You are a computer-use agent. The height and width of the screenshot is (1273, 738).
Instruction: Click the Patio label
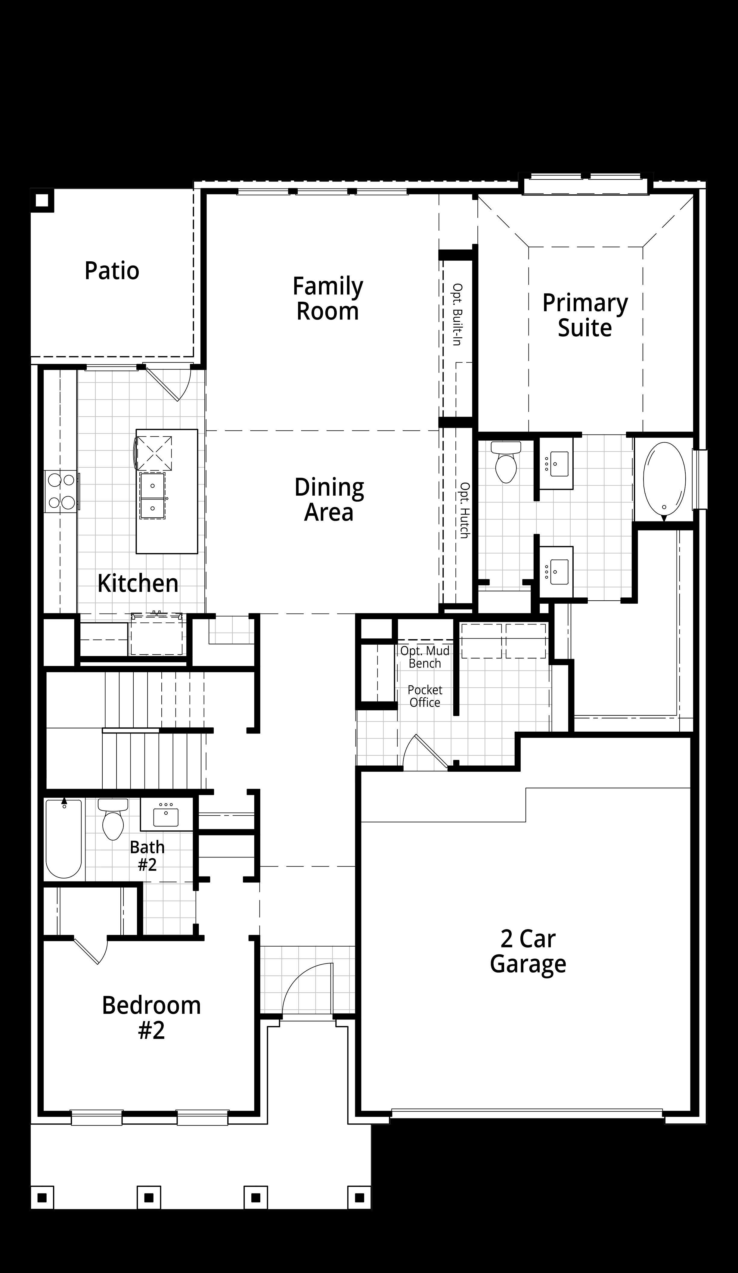tap(112, 271)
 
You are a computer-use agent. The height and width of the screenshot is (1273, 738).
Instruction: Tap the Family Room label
tap(328, 299)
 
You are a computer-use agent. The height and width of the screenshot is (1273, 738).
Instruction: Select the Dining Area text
tap(329, 500)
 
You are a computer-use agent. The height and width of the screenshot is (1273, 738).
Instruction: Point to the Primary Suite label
tap(585, 315)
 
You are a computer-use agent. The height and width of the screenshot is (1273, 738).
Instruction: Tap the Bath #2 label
tap(147, 856)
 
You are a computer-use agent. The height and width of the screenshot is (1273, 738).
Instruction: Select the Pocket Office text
tap(425, 696)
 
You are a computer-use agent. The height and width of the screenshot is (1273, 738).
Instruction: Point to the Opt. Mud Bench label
tap(425, 657)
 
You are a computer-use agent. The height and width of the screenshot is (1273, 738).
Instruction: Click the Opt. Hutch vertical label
tap(464, 510)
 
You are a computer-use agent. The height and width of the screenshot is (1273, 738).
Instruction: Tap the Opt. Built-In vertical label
tap(457, 314)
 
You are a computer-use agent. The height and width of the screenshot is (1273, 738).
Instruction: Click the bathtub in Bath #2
tap(64, 839)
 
